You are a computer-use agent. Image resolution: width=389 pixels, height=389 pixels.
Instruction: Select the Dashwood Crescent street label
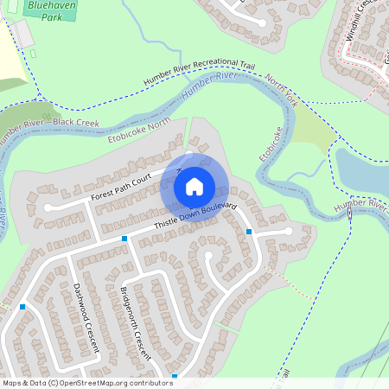[x=86, y=318]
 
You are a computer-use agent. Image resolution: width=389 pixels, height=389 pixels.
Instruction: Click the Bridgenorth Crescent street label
[x=136, y=322]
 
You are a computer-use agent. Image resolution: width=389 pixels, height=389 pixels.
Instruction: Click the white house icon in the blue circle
[x=194, y=186]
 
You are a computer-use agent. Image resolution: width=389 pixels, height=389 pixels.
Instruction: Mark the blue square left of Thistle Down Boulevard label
[x=124, y=238]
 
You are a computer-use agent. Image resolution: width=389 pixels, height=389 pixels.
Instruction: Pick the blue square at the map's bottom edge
[x=174, y=376]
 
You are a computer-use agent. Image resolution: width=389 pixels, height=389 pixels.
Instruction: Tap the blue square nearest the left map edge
[x=22, y=306]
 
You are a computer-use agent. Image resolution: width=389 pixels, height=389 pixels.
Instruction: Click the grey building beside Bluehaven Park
[x=22, y=34]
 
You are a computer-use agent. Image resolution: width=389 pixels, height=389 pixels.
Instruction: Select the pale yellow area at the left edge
[x=10, y=56]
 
